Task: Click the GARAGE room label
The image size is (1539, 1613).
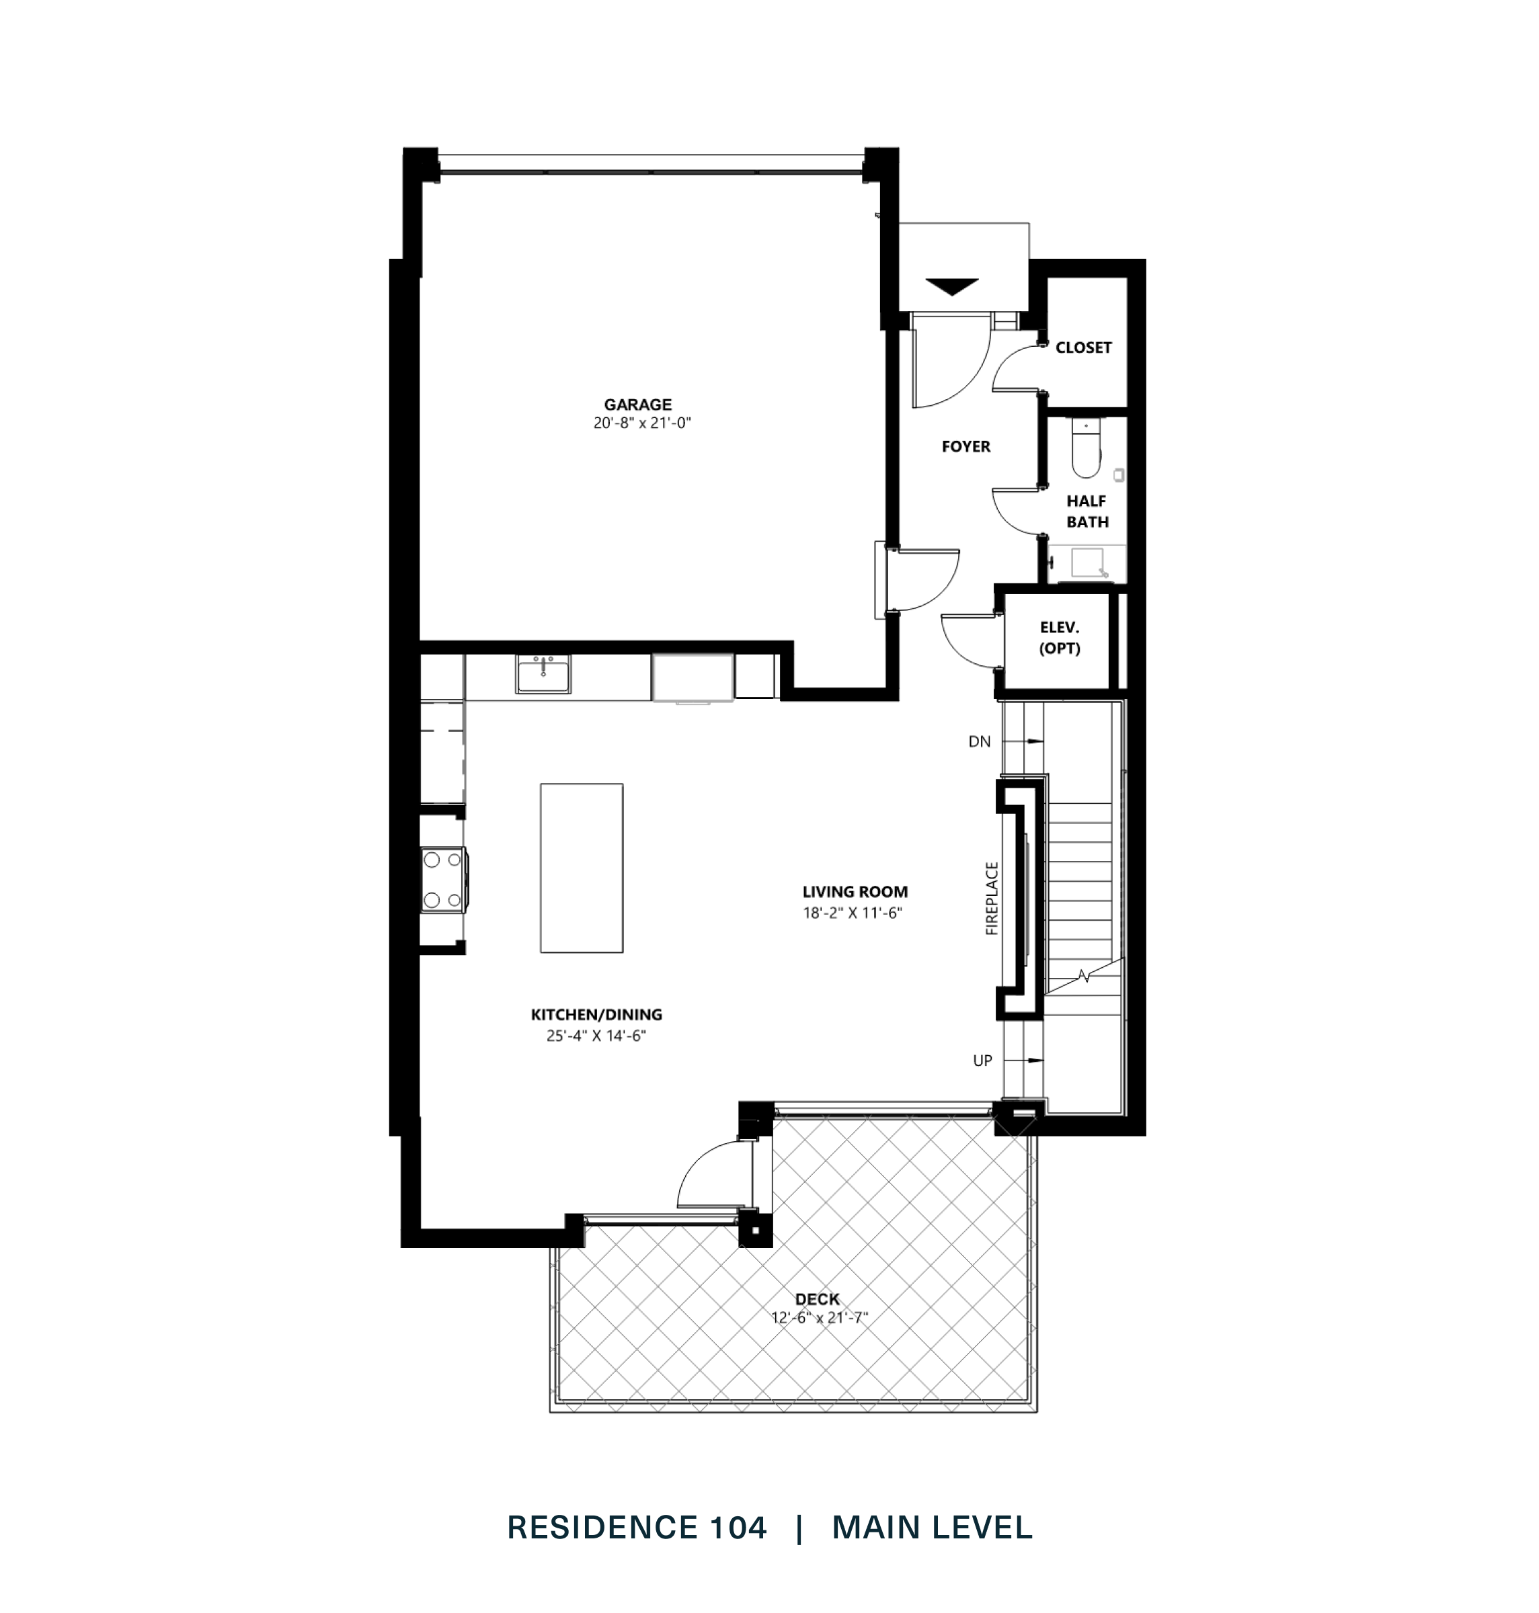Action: click(x=637, y=405)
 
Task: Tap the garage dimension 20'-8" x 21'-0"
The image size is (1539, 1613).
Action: click(x=637, y=424)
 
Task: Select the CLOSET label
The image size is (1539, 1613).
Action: click(x=1083, y=347)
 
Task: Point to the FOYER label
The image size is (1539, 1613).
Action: click(x=965, y=447)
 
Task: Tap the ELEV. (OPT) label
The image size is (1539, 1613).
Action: click(x=1059, y=638)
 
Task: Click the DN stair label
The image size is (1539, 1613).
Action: click(x=980, y=741)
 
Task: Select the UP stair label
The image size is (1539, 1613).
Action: click(x=982, y=1061)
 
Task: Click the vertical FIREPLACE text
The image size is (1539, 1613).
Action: click(x=992, y=898)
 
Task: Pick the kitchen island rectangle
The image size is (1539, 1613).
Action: click(x=581, y=868)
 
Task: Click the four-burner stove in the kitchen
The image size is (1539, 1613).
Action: click(x=442, y=880)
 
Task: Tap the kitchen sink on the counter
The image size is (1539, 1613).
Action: click(x=543, y=674)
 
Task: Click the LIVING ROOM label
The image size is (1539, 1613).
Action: click(x=855, y=891)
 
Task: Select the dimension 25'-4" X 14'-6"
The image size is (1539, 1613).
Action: click(x=596, y=1036)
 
